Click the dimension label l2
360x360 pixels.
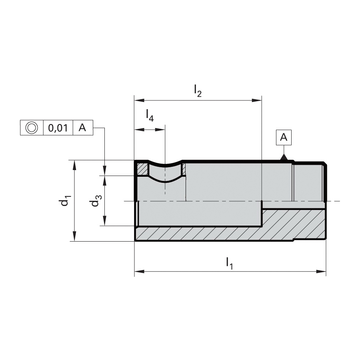(198, 91)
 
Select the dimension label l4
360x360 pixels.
(150, 115)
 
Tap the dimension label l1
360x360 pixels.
(230, 263)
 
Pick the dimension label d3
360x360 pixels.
(96, 200)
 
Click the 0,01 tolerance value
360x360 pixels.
(58, 128)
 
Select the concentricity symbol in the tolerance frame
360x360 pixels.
(32, 128)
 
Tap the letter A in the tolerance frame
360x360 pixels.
(82, 127)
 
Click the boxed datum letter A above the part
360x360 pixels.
(284, 137)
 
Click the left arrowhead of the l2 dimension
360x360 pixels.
(139, 100)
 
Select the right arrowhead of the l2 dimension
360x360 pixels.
(257, 100)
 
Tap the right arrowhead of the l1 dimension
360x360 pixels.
(321, 272)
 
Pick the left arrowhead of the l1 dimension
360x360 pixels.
(139, 272)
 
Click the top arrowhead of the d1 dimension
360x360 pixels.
(74, 165)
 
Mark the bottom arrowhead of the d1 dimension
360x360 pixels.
(74, 236)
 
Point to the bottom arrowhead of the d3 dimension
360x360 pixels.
(105, 221)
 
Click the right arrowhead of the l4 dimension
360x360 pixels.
(160, 130)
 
